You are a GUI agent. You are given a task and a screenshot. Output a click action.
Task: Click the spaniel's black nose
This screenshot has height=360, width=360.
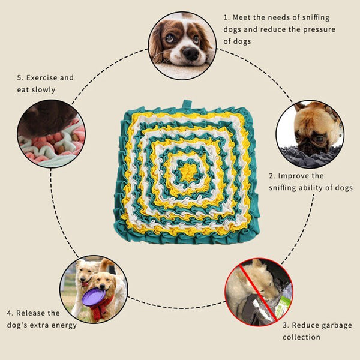(191, 54)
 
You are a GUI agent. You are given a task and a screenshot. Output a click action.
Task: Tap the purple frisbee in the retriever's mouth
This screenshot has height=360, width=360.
(94, 296)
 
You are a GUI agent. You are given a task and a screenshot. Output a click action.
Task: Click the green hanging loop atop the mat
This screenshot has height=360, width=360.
(187, 104)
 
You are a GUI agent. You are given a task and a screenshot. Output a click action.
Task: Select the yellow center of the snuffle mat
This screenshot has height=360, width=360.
(188, 173)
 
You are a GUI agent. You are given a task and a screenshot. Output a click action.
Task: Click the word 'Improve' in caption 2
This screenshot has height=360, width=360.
(292, 176)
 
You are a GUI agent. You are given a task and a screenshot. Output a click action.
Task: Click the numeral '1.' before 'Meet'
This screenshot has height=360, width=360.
(227, 17)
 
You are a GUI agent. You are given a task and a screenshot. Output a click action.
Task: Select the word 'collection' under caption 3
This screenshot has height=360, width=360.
(301, 337)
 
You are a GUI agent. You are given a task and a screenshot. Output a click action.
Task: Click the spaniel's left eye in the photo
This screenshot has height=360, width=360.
(170, 38)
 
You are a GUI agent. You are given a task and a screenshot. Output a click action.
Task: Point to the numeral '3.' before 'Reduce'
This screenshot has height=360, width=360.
(286, 325)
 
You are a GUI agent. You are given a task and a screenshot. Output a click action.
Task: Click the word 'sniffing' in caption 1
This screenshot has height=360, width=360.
(316, 18)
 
